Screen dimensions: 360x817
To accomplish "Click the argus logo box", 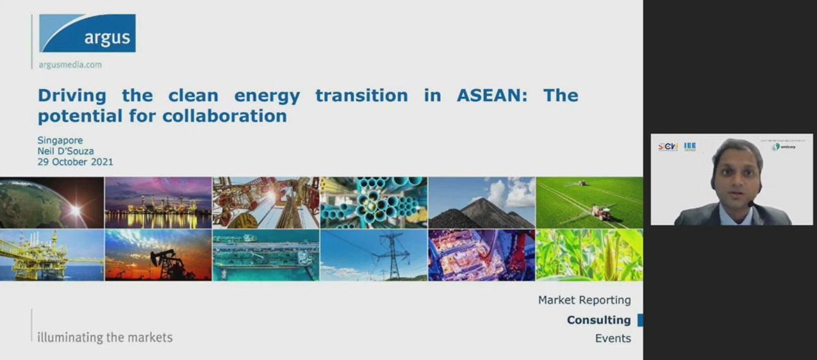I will point(87,33).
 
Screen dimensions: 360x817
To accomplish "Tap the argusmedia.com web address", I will point(70,65).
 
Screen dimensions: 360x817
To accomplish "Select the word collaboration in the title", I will point(224,116).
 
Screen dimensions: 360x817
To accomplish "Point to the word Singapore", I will point(60,140).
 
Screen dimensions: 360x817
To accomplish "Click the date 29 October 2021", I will point(75,162).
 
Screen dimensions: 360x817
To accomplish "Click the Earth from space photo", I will point(51,202).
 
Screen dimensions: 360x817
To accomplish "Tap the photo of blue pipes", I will point(374,202).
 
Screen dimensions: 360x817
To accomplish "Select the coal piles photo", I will point(481,202).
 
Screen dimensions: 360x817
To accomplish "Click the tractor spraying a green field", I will point(589,202).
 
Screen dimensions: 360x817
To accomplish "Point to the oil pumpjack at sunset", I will point(158,256).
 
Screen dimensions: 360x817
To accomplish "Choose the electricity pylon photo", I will point(374,256).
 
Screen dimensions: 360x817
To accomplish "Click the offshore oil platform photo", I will point(51,256).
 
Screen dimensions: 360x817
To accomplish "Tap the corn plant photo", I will point(589,256).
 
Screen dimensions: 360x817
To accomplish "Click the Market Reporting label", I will point(584,300).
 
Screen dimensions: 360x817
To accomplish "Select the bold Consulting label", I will point(598,320).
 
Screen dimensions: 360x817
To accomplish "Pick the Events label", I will point(613,338).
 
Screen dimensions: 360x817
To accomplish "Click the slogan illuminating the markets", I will point(105,337).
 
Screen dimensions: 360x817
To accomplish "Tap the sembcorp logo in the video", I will point(783,147).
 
